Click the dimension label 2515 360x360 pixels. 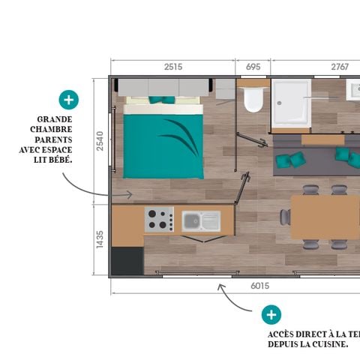point(173,67)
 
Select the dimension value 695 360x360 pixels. point(253,67)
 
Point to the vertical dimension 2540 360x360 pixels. point(100,141)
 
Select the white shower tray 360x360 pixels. point(291,103)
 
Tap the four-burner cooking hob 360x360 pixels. point(158,219)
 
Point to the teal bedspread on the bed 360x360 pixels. point(163,145)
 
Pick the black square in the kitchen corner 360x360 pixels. point(127,260)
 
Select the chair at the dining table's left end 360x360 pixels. point(285,217)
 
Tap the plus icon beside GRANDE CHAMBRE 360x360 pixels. point(68,99)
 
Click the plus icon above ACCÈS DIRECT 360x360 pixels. point(271,315)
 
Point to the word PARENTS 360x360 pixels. point(56,139)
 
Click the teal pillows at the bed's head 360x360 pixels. point(161,99)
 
